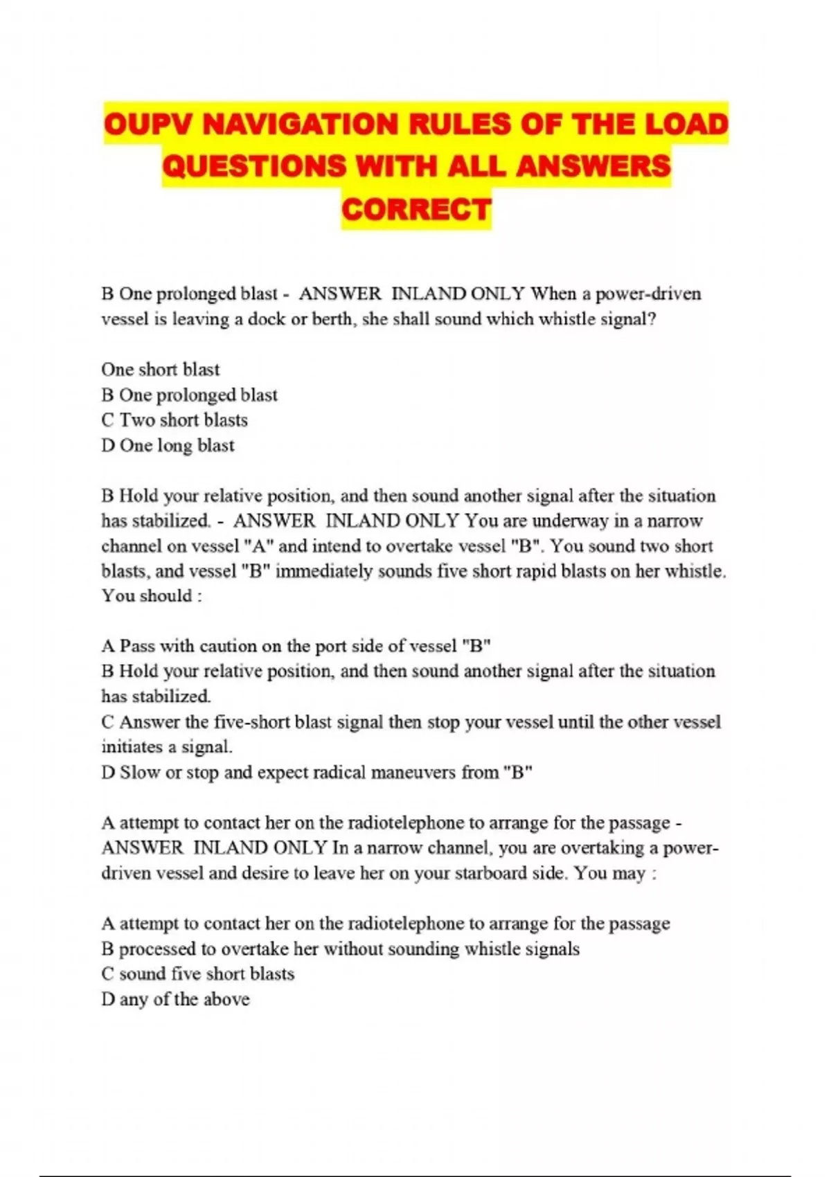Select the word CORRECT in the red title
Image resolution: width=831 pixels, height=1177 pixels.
click(416, 210)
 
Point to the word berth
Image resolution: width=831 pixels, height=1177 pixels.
click(332, 319)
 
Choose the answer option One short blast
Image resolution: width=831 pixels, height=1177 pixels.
click(161, 369)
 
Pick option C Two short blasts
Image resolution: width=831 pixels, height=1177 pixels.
click(175, 420)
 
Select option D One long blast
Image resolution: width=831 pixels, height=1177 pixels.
click(168, 445)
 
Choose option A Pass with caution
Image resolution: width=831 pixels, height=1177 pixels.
click(296, 646)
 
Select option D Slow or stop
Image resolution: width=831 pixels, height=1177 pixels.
click(316, 772)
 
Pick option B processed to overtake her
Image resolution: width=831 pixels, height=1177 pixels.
click(340, 949)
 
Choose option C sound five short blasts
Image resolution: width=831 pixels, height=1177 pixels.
click(198, 973)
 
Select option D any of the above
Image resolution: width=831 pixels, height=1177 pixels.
click(175, 999)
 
